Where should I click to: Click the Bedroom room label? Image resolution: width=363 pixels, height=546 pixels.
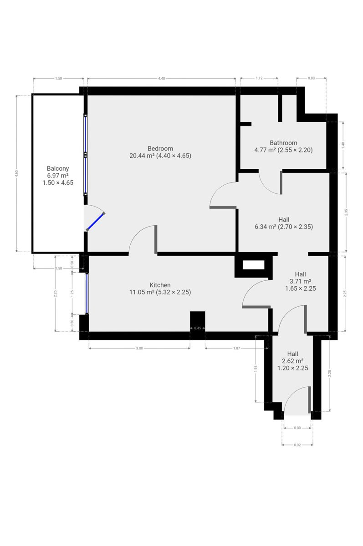coord(160,148)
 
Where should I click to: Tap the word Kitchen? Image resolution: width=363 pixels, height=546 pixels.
coord(160,285)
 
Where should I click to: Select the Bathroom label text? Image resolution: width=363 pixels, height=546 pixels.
coord(283,143)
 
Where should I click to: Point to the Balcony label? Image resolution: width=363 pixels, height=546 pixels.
coord(58,168)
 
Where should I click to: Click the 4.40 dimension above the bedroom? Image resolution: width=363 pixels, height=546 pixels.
coord(162,78)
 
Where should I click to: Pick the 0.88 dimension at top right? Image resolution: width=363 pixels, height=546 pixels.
coord(311,78)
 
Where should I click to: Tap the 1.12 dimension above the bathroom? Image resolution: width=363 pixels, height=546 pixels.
coord(259,78)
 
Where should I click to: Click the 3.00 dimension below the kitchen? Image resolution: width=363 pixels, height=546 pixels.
coord(139,349)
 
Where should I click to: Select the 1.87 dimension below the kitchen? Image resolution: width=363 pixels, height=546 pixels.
coord(237,349)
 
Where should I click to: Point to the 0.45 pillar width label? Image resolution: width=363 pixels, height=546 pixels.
coord(198,328)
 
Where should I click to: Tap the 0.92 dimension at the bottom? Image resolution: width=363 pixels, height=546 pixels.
coord(297,445)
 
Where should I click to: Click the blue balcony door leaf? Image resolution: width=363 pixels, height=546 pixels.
coord(96,222)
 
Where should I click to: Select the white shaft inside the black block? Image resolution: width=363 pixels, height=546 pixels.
coord(254,265)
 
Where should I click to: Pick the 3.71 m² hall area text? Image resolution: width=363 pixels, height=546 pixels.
coord(300,281)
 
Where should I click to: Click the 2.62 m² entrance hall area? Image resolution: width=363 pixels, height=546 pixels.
coord(292,361)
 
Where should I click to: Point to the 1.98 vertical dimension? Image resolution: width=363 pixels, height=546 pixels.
coord(256,368)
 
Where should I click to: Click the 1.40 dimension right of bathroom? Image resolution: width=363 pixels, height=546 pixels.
coord(343,145)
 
